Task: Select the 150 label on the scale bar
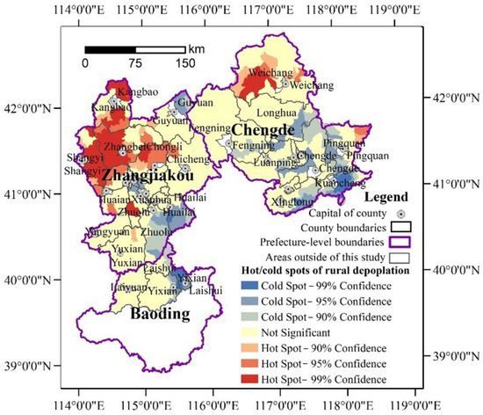[x=184, y=64]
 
